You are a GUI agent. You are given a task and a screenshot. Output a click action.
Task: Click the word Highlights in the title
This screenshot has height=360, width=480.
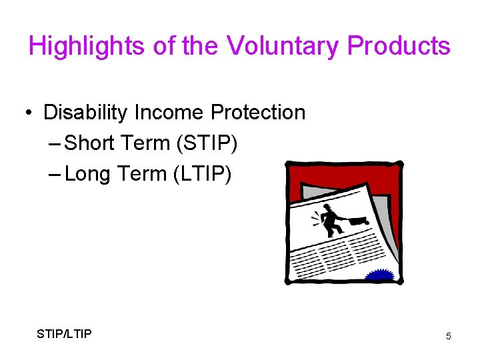[x=77, y=46]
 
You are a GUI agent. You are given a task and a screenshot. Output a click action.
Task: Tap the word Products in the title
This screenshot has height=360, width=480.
[x=399, y=46]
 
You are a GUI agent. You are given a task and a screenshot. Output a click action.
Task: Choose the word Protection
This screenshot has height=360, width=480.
[x=258, y=113]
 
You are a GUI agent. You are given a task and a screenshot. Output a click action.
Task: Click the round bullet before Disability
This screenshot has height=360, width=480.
[x=30, y=113]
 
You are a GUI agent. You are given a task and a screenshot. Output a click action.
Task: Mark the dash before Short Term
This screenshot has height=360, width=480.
[x=55, y=144]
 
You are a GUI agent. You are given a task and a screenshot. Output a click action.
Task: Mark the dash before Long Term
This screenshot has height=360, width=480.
[x=55, y=175]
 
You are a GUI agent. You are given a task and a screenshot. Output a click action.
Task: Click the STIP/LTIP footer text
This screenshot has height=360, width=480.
[x=65, y=333]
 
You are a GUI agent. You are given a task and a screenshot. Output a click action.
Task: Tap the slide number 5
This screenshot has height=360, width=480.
[x=448, y=337]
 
